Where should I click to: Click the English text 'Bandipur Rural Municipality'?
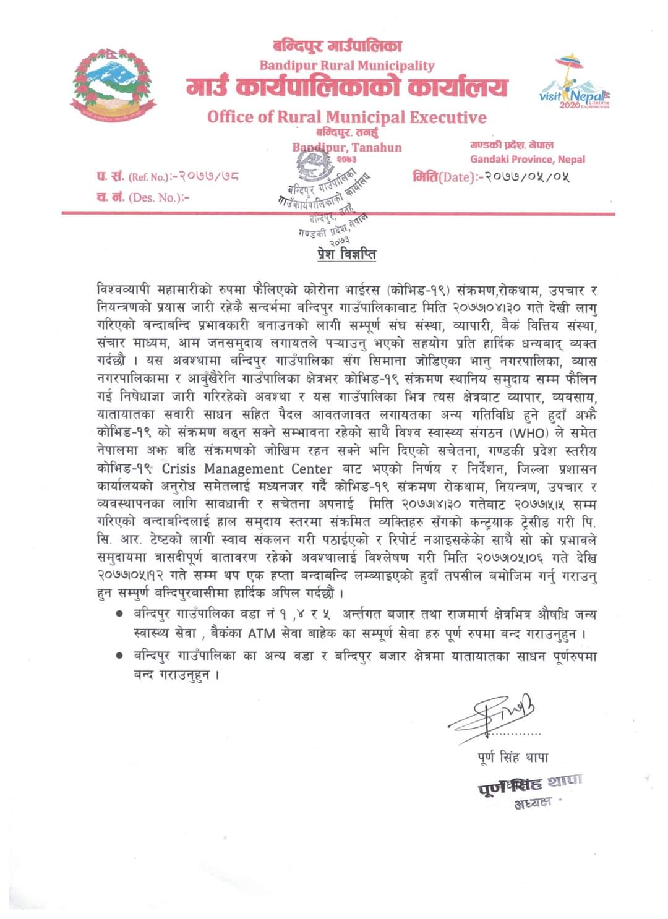click(x=346, y=66)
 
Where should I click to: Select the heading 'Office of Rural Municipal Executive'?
click(x=346, y=117)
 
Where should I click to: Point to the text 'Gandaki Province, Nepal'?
click(x=527, y=160)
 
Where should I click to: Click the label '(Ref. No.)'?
click(x=148, y=177)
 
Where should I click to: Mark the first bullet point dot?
click(x=119, y=615)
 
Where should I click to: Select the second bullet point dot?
click(x=119, y=656)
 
